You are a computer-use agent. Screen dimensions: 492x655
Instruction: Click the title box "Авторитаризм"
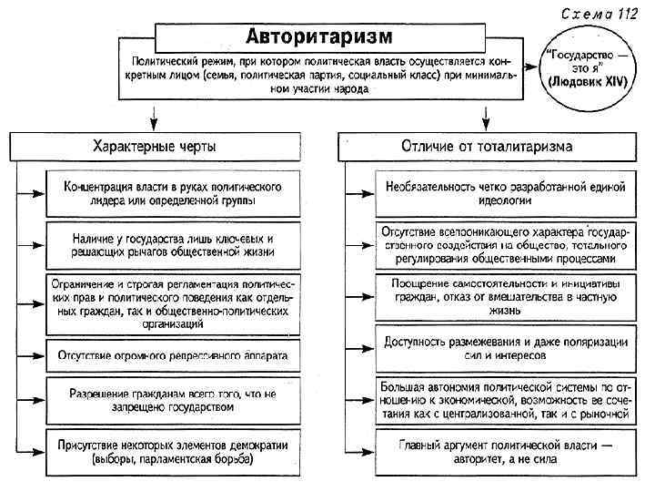click(319, 36)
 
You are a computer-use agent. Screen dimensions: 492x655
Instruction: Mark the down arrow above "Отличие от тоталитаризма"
click(486, 117)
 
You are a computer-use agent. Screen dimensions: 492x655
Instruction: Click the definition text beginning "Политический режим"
click(319, 73)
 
